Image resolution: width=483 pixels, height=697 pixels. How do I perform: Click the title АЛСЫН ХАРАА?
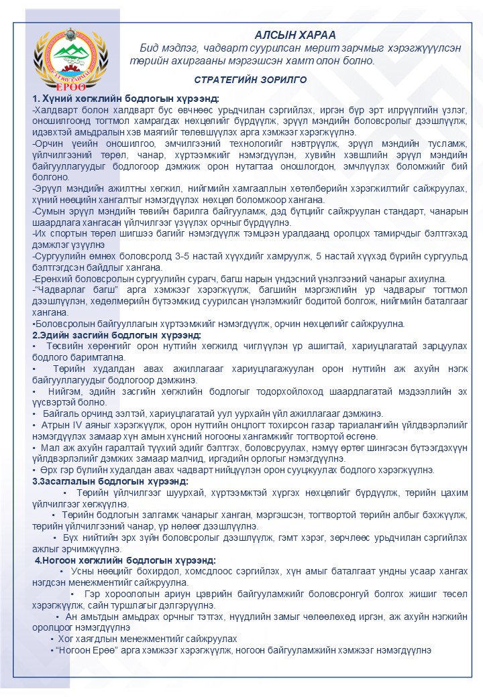295,35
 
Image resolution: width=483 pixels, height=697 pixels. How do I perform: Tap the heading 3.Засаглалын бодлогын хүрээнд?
110,481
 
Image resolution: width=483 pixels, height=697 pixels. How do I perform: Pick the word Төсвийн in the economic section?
63,345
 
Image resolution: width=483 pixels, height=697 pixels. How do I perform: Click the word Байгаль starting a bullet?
58,414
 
